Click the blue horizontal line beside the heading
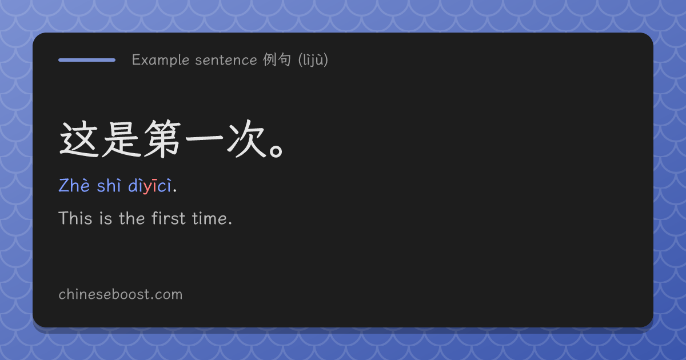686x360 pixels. (87, 60)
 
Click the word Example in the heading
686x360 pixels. (161, 60)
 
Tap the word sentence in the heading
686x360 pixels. (226, 61)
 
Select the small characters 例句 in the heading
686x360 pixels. (277, 59)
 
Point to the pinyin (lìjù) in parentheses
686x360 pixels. (313, 59)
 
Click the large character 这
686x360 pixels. (79, 139)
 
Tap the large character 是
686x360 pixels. (121, 139)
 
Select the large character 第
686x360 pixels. (162, 139)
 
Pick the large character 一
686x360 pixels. (204, 138)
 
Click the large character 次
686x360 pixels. (246, 139)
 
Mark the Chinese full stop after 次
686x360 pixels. (277, 151)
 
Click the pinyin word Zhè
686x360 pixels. (74, 186)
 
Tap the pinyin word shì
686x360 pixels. (109, 186)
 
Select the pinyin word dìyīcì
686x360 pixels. (150, 186)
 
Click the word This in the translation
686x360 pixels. (75, 218)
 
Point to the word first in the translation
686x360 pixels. (169, 218)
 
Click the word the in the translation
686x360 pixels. (131, 218)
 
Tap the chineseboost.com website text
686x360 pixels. (121, 294)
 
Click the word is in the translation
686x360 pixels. (105, 218)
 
